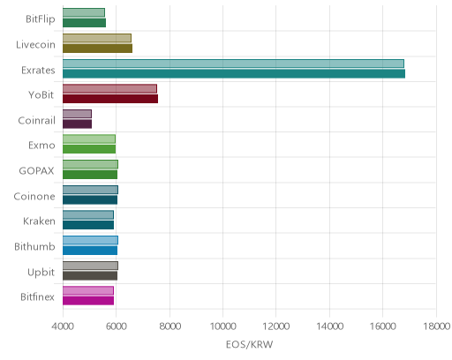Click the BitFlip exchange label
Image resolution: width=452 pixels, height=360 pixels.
tap(41, 19)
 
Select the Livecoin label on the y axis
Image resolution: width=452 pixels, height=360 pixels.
tap(35, 45)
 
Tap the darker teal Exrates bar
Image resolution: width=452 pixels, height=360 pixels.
tap(234, 74)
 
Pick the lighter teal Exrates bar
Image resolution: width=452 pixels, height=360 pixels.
tap(233, 64)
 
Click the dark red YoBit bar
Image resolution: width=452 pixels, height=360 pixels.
tap(110, 99)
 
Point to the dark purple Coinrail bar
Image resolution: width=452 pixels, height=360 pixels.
tap(77, 124)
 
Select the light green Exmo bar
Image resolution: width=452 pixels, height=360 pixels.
tap(89, 139)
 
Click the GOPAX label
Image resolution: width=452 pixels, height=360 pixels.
tap(36, 171)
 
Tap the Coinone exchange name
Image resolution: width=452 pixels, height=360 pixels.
tap(34, 197)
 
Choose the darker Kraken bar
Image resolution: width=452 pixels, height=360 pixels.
tap(88, 225)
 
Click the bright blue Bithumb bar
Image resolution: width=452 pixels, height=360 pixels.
tap(90, 251)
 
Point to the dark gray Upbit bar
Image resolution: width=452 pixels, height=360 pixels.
tap(90, 276)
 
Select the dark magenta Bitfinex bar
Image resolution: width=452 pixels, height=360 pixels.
tap(88, 301)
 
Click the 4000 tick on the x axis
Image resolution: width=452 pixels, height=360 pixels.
tap(63, 326)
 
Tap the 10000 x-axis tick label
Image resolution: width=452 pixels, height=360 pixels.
tap(222, 326)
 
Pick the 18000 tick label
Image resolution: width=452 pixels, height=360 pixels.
tap(436, 326)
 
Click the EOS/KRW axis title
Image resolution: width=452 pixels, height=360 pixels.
tap(250, 345)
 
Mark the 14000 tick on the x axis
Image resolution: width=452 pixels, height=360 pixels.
tap(329, 326)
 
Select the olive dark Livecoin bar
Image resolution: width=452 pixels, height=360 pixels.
tap(97, 49)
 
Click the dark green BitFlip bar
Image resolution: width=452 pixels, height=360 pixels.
tap(84, 23)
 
